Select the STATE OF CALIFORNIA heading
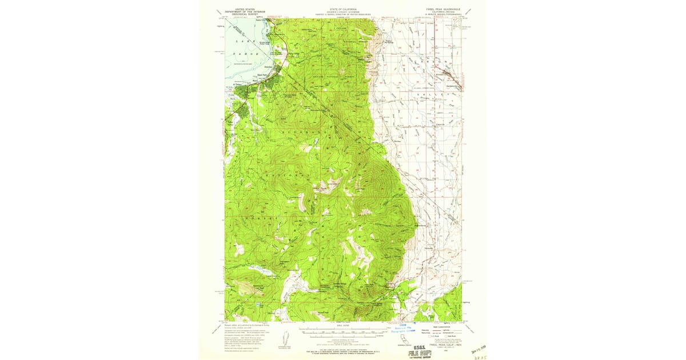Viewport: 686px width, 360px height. (342, 10)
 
